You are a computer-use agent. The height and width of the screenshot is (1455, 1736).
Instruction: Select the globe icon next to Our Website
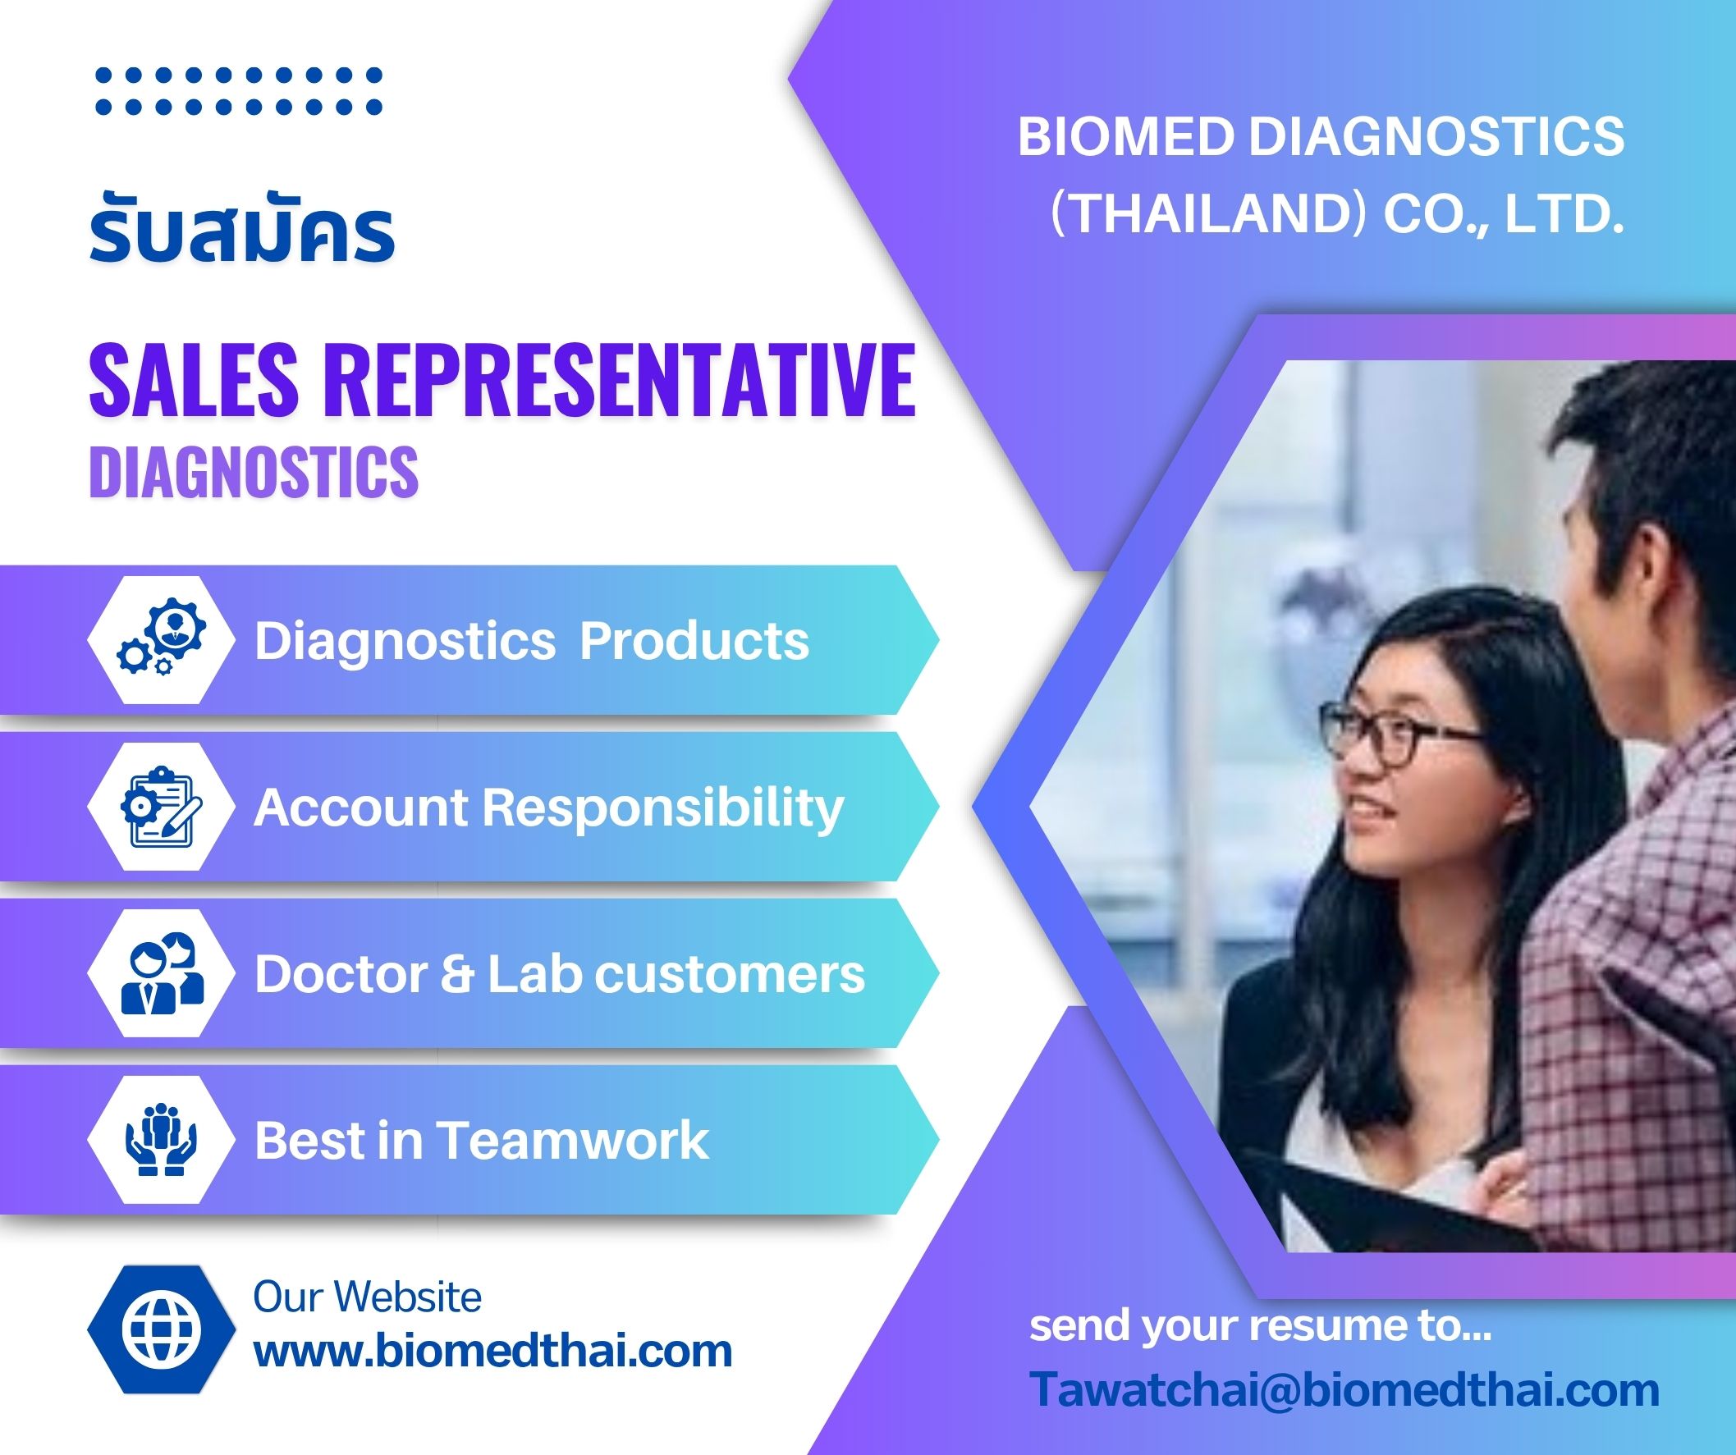point(160,1329)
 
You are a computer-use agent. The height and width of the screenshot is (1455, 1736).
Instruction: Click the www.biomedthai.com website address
point(492,1351)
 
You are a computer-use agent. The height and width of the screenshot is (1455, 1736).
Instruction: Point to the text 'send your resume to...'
point(1260,1326)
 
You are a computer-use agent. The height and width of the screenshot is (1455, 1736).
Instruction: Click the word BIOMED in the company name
point(1126,136)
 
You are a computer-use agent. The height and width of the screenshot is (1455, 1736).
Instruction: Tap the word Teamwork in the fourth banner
point(572,1141)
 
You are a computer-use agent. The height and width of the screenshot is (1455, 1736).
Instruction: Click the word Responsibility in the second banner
point(663,808)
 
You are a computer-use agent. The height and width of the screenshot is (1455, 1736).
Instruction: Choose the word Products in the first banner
point(694,641)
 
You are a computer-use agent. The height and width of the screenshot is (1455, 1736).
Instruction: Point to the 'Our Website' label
point(367,1297)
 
